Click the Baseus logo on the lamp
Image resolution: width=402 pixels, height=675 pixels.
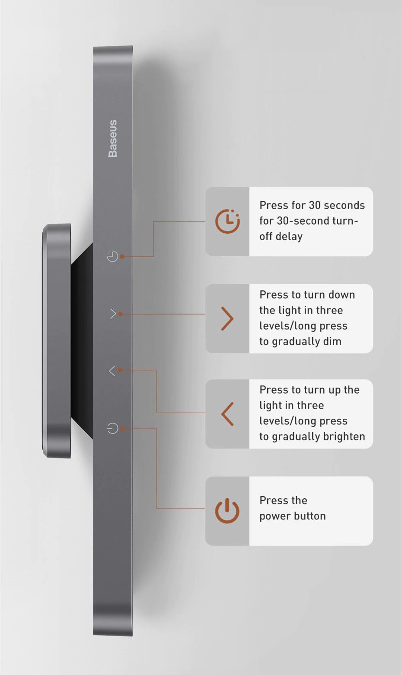pyautogui.click(x=112, y=138)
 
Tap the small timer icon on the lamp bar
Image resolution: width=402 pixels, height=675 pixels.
pyautogui.click(x=112, y=256)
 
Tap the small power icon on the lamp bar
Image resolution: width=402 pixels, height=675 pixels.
pyautogui.click(x=112, y=428)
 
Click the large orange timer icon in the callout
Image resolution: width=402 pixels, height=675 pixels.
pyautogui.click(x=227, y=221)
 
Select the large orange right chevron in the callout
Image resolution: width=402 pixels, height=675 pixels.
pyautogui.click(x=227, y=318)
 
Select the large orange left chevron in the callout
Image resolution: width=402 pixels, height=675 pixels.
pyautogui.click(x=227, y=414)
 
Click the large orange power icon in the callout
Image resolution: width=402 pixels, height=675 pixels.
pyautogui.click(x=227, y=510)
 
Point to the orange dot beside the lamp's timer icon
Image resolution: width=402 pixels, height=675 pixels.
pyautogui.click(x=122, y=256)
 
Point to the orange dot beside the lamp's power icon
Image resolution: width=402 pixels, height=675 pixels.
pyautogui.click(x=123, y=428)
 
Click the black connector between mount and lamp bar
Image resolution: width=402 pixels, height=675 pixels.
pyautogui.click(x=82, y=341)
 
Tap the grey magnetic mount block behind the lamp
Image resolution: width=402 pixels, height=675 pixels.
pyautogui.click(x=57, y=341)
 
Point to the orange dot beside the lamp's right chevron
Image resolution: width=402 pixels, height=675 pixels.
pyautogui.click(x=120, y=314)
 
